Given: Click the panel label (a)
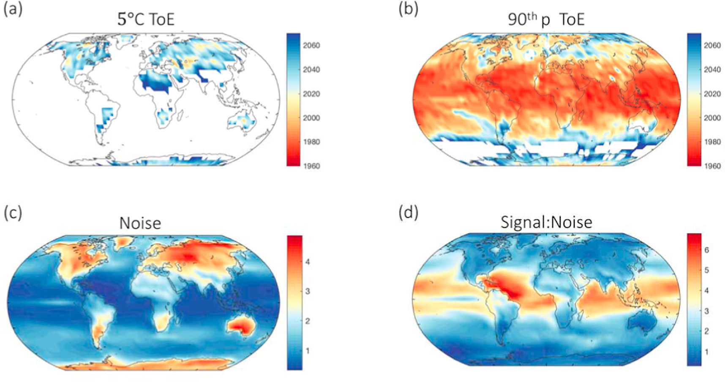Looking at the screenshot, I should (x=13, y=9).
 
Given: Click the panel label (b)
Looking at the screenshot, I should (x=408, y=9).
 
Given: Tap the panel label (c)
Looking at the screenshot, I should (x=13, y=213).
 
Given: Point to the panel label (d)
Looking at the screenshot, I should (x=408, y=213).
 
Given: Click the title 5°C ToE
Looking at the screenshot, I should (x=146, y=19).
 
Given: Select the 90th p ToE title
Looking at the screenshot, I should (x=546, y=19).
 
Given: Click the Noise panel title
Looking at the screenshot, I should (x=140, y=223).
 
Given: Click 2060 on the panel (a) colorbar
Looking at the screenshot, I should (x=311, y=46).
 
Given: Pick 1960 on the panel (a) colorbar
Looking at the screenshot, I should (x=311, y=166).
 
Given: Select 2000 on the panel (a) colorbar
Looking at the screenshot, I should (x=311, y=118).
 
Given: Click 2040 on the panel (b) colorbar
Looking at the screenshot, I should (x=712, y=70).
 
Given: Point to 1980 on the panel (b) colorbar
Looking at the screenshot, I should (x=712, y=142).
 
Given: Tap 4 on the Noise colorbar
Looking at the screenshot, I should (x=308, y=262).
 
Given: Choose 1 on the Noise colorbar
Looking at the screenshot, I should (x=308, y=351).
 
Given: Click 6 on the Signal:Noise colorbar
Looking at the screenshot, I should (x=706, y=250).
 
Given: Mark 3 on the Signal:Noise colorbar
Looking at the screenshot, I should (x=706, y=311).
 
